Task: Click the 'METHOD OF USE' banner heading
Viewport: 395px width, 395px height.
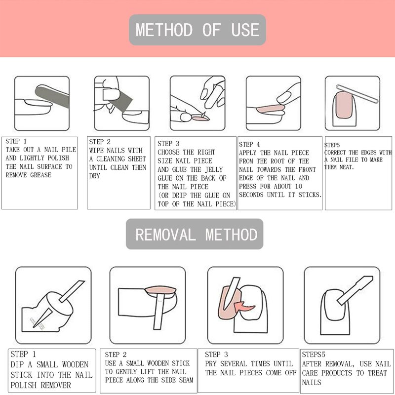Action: click(x=197, y=30)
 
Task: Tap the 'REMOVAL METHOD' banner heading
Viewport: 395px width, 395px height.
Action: click(x=197, y=234)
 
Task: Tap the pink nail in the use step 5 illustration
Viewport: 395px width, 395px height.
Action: click(x=344, y=105)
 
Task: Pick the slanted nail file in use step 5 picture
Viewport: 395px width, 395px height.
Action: click(x=357, y=94)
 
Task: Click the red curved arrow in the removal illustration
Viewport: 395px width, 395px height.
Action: click(x=244, y=307)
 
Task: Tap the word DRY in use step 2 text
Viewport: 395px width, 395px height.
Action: click(x=94, y=176)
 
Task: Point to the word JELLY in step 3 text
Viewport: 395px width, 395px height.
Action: click(x=214, y=169)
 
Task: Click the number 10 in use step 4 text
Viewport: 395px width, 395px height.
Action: click(x=299, y=187)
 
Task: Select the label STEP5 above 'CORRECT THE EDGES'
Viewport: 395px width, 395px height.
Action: click(x=332, y=145)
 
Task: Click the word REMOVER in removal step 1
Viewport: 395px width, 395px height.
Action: click(x=56, y=385)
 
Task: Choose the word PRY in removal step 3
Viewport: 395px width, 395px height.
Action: click(x=211, y=364)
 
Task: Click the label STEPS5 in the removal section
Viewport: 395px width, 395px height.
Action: click(x=314, y=355)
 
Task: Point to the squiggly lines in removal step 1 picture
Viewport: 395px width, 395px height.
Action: click(x=36, y=323)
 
